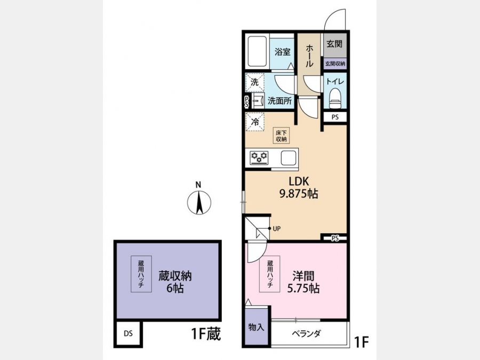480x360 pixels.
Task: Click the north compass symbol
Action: (x=199, y=202)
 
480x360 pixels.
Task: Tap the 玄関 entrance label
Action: (x=334, y=44)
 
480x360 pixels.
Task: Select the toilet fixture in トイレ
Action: (x=335, y=98)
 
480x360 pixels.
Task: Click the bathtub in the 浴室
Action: (x=258, y=52)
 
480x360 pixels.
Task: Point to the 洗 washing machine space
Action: (x=255, y=82)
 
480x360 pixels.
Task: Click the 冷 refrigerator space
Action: (x=255, y=122)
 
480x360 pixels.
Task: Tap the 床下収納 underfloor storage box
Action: (x=281, y=135)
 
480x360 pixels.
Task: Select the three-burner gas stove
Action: (x=259, y=158)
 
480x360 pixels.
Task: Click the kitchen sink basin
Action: (x=289, y=158)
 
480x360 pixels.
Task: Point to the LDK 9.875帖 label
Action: (x=299, y=187)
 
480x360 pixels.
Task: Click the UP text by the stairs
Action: (x=277, y=229)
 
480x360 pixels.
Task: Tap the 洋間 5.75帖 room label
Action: (x=303, y=282)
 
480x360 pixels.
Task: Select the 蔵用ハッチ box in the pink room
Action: (x=270, y=274)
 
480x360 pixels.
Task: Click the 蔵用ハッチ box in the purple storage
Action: (x=141, y=274)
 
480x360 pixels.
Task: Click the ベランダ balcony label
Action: (x=306, y=333)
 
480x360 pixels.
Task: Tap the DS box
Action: (x=128, y=333)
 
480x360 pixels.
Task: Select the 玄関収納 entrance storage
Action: (x=335, y=63)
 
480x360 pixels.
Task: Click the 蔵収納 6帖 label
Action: (x=175, y=282)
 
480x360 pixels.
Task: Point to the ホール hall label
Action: (x=309, y=56)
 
